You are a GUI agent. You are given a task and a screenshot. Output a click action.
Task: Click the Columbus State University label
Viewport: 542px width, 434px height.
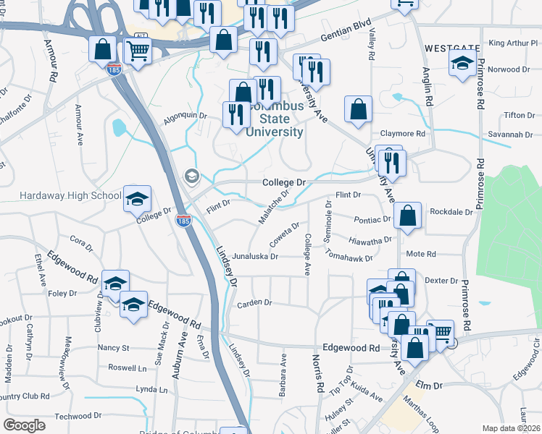tap(274, 119)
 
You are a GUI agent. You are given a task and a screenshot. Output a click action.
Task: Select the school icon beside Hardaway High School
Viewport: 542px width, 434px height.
tap(136, 199)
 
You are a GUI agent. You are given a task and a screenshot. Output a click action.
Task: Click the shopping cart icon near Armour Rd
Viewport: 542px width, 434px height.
tap(137, 51)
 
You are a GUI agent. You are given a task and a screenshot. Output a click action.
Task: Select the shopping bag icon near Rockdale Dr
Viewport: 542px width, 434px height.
tap(409, 216)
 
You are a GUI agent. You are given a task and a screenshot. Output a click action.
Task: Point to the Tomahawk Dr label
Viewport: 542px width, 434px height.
tap(349, 257)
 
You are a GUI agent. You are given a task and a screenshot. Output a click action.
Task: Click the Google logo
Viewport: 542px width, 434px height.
tap(24, 425)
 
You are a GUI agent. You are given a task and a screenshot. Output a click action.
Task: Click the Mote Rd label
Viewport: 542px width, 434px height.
tap(421, 254)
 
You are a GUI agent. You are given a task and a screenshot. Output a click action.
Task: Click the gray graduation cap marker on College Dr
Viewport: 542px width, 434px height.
tap(192, 176)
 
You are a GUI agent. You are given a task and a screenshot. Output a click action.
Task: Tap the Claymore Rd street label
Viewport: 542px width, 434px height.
tap(404, 134)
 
